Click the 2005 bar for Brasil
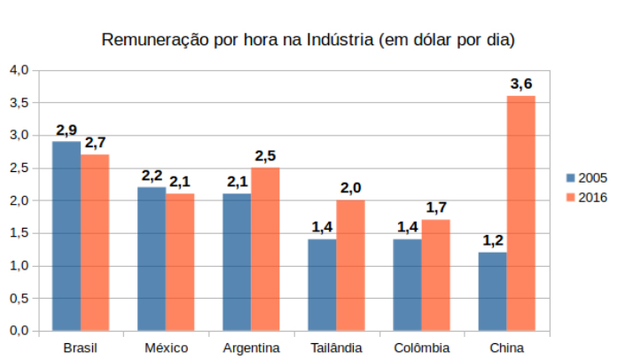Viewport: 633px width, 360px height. (66, 236)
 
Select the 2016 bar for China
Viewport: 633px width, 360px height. (520, 213)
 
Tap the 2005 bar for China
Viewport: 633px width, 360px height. (492, 292)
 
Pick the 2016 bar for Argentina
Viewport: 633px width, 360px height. (265, 249)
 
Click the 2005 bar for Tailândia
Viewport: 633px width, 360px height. (322, 285)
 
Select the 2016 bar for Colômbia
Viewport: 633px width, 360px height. (435, 275)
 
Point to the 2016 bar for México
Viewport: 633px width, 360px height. (180, 262)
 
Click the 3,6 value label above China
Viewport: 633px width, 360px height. (520, 84)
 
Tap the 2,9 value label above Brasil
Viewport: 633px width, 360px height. (66, 130)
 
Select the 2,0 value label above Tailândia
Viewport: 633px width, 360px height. (350, 188)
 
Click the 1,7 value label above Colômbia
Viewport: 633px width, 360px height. (435, 207)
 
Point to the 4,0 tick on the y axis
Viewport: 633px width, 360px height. (20, 70)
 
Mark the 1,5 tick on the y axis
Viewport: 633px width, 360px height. (20, 233)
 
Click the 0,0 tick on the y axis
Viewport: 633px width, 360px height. (20, 331)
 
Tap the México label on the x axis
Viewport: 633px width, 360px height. (166, 347)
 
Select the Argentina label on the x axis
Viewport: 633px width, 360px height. (251, 347)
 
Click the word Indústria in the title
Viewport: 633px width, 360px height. (339, 41)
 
